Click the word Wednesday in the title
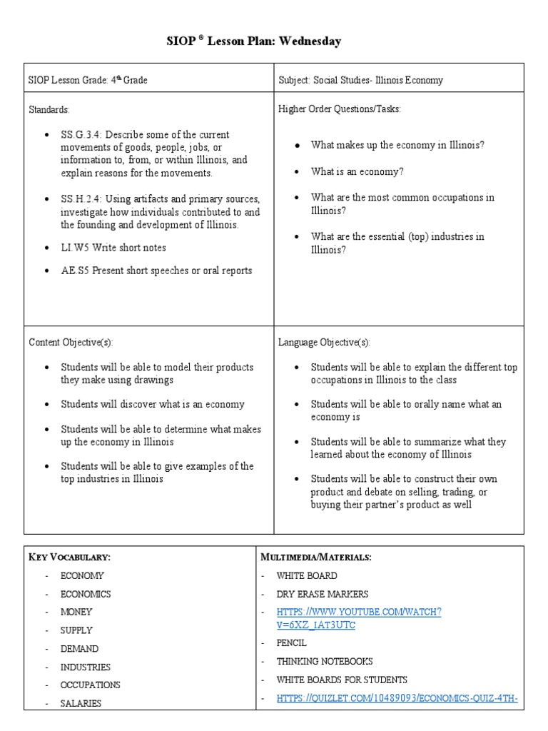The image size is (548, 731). [310, 41]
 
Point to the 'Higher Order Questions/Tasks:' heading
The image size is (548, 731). [339, 109]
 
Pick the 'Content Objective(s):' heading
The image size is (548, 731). [71, 342]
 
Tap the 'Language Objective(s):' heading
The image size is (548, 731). [324, 342]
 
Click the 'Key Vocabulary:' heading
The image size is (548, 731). [69, 557]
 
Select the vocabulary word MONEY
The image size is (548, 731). [76, 612]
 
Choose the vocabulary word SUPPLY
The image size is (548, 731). [76, 630]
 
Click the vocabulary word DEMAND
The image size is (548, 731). [79, 649]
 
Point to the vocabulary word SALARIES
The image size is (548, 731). [81, 703]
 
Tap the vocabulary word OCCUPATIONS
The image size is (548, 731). [91, 685]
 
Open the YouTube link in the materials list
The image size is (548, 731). [359, 618]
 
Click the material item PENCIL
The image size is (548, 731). [291, 643]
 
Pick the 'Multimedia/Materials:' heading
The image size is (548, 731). [316, 557]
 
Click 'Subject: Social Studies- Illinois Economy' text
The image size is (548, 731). [360, 80]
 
